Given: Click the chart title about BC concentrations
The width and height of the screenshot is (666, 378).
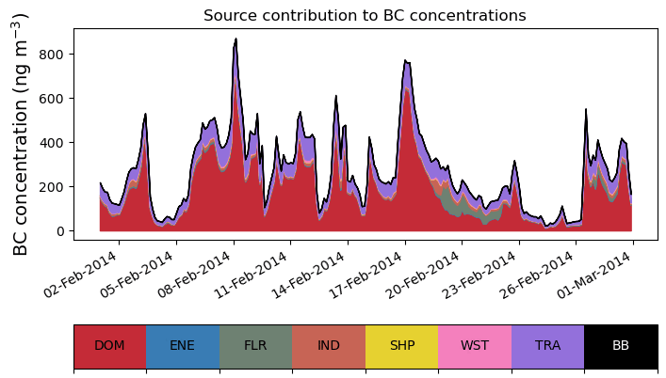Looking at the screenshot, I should coord(365,15).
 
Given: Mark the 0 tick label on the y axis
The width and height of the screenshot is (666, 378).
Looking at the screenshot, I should coord(59,231).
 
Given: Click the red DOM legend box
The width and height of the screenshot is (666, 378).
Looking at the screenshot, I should coord(109,346).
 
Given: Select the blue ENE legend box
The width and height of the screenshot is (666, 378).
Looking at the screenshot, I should coord(183,346).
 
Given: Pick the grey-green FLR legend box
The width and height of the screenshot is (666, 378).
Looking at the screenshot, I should coord(255,346).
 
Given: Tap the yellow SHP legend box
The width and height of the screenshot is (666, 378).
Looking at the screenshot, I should coord(401,346).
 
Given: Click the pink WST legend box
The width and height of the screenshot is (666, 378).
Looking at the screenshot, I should coord(475,346).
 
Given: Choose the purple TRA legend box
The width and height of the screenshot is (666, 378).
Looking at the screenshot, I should coord(547,346).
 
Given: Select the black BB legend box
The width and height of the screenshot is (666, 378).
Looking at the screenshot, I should coord(621,346).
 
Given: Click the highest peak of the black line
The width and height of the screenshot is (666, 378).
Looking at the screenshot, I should coord(236,39).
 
